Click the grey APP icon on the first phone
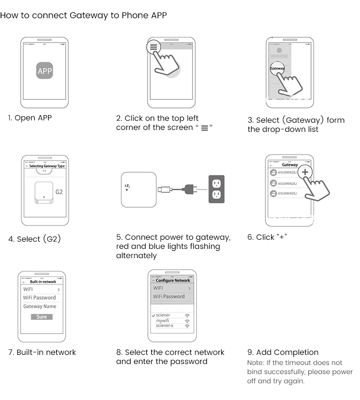click(x=45, y=71)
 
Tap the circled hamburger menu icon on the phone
click(x=153, y=47)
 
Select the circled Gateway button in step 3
click(x=277, y=69)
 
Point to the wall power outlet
click(x=216, y=189)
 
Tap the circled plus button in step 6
click(x=305, y=172)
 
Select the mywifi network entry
click(x=163, y=320)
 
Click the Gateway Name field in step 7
click(x=40, y=306)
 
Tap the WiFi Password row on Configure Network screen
click(x=169, y=297)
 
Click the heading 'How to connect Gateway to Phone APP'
click(x=84, y=15)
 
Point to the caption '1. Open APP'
click(x=30, y=118)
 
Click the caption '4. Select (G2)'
click(x=35, y=239)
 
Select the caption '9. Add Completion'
click(x=283, y=353)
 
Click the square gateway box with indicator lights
click(x=139, y=189)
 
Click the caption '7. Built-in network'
click(x=42, y=353)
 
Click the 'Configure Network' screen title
click(x=173, y=281)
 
